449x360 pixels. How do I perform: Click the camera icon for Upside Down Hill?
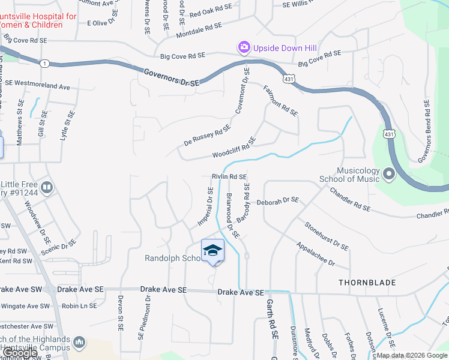(244, 47)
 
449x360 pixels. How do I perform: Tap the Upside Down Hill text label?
(285, 47)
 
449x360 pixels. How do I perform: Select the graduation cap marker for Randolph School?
(212, 250)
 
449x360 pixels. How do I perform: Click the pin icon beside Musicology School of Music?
(388, 175)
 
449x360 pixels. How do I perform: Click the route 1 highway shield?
(44, 63)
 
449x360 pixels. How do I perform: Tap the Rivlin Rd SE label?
(229, 177)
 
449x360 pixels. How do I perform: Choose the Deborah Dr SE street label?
(278, 202)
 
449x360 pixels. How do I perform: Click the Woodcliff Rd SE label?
(234, 148)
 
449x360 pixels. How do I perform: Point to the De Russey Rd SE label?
(207, 136)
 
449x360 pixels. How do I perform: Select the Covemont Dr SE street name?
(242, 91)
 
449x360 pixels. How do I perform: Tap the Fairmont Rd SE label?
(280, 100)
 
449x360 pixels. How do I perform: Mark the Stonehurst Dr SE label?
(327, 236)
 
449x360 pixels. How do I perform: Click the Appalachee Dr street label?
(315, 254)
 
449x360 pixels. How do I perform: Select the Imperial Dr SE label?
(206, 206)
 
